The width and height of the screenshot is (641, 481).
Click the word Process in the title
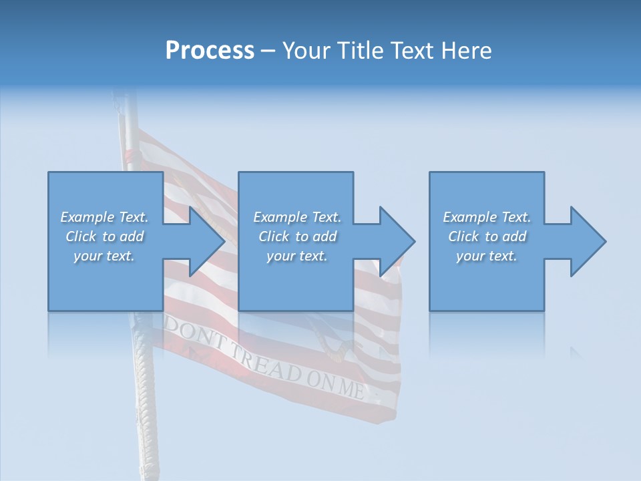tap(210, 51)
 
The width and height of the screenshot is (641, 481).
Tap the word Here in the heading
tap(465, 51)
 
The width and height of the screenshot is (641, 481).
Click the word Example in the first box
tap(87, 217)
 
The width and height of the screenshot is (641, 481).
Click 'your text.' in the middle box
tap(296, 256)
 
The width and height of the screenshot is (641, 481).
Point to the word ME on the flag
tap(351, 387)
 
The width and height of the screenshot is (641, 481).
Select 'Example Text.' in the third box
tap(487, 217)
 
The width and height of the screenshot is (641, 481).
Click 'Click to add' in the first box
tap(105, 236)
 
